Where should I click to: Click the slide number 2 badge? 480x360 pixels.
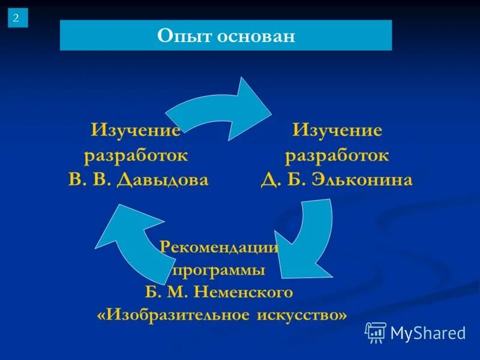17,18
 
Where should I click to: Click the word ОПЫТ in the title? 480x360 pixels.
179,35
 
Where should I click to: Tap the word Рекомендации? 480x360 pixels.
220,247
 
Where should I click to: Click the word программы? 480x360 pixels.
219,270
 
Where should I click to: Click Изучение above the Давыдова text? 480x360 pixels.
136,130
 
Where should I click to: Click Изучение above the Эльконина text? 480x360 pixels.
337,130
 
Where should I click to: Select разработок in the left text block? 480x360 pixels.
136,155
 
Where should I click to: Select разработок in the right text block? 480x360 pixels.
337,155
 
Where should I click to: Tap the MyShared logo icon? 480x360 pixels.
376,332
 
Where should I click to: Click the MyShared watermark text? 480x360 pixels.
428,332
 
